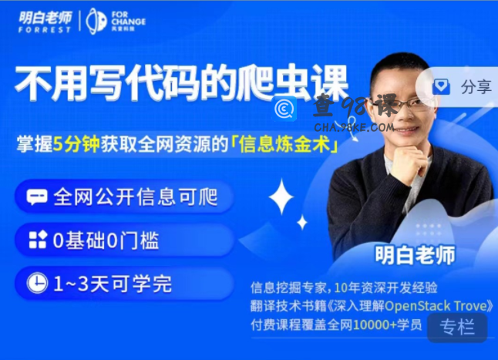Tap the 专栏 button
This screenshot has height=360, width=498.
(457, 327)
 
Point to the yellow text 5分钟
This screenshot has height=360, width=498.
(76, 144)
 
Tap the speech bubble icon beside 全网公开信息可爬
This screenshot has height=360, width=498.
(37, 197)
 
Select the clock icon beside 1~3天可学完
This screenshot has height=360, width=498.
(37, 283)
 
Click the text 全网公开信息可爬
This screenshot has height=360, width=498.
(135, 197)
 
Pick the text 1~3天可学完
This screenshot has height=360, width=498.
(112, 283)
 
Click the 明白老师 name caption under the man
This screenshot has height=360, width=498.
(415, 254)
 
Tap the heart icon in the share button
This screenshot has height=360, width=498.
(441, 86)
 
